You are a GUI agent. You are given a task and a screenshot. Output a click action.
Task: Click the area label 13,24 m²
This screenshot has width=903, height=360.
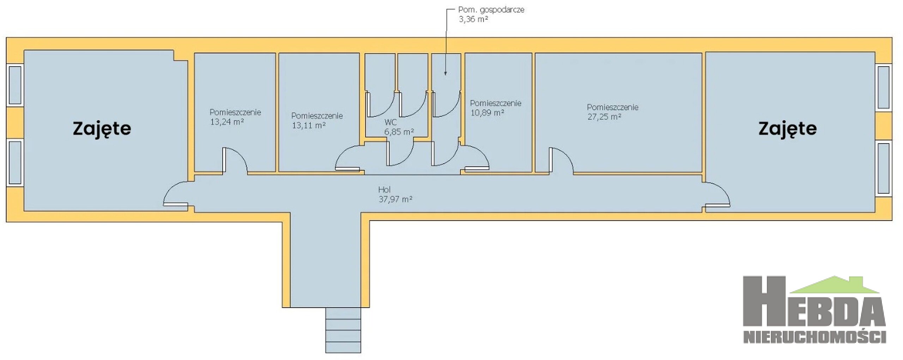point(227,122)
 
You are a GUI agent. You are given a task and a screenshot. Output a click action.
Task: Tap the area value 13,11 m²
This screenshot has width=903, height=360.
point(308,126)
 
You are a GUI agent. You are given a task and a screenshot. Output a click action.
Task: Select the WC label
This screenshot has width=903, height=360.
point(390,122)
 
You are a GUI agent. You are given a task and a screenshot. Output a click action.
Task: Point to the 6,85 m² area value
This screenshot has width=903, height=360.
point(399,132)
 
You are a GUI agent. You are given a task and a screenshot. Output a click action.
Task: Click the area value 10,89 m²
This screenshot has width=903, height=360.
point(487,113)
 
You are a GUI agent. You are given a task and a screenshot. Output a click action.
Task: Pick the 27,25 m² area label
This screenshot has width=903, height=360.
point(604,117)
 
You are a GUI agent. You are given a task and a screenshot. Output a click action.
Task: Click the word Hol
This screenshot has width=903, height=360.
point(384,190)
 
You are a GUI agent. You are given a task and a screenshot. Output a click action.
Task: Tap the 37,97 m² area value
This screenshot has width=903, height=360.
point(395,199)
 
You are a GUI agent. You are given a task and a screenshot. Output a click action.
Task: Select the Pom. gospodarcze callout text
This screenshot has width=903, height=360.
point(491,10)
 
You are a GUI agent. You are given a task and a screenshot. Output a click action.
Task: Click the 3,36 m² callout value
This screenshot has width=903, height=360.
point(473,19)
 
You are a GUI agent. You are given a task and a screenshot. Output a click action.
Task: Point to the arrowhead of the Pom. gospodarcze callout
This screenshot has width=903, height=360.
point(445,73)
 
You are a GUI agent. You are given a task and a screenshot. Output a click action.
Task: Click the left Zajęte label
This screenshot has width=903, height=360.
point(102,129)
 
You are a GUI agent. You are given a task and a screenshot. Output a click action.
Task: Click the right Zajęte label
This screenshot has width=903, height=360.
point(787,129)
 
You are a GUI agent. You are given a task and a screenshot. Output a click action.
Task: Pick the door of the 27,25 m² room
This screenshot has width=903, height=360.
point(561,160)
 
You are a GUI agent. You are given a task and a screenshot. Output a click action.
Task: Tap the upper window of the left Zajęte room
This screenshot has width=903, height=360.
point(15,85)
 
